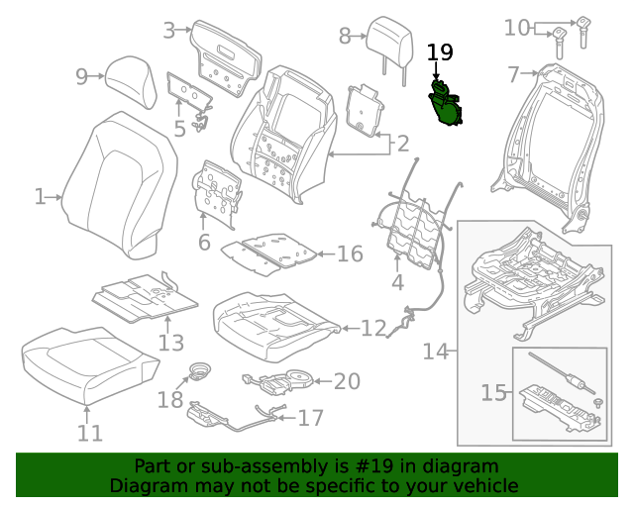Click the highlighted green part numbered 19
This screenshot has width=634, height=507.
click(446, 103)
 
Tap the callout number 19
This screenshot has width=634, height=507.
click(440, 52)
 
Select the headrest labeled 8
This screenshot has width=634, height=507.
click(390, 44)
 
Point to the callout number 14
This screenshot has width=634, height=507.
click(436, 352)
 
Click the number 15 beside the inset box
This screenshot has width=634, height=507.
click(493, 392)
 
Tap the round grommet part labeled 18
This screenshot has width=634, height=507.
click(201, 371)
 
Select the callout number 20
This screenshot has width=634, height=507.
click(347, 381)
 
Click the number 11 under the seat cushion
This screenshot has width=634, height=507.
click(90, 433)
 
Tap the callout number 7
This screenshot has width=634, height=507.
click(513, 74)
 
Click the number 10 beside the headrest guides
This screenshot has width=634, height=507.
click(517, 28)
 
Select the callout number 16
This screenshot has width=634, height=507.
click(350, 253)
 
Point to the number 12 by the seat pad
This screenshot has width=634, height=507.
click(373, 328)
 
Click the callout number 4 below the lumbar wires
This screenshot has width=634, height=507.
click(397, 282)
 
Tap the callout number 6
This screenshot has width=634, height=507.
click(204, 242)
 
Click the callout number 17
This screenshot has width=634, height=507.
click(310, 418)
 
